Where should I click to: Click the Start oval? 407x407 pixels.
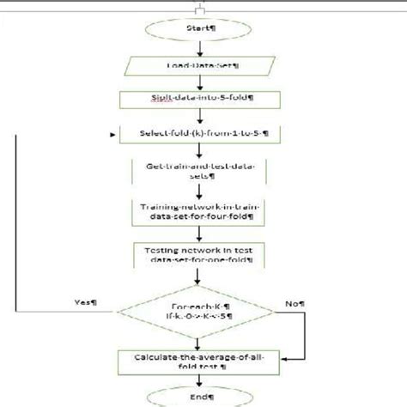coord(203,27)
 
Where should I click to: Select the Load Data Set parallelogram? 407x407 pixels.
coord(203,67)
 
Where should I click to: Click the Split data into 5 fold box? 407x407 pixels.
coord(203,101)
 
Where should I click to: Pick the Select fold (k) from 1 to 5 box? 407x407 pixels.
coord(203,135)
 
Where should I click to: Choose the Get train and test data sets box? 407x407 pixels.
coord(203,173)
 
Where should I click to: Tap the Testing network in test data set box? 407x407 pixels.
coord(203,255)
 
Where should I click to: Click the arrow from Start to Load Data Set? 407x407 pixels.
coord(203,47)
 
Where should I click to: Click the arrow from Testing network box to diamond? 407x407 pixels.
coord(203,276)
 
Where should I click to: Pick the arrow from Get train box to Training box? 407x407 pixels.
coord(203,192)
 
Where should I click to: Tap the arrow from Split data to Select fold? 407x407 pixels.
coord(203,118)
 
